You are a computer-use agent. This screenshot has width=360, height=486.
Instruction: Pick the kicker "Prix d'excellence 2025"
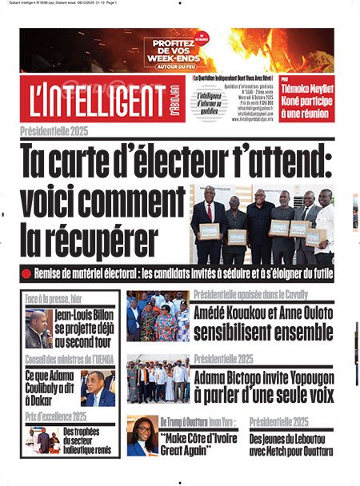tap(56, 416)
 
